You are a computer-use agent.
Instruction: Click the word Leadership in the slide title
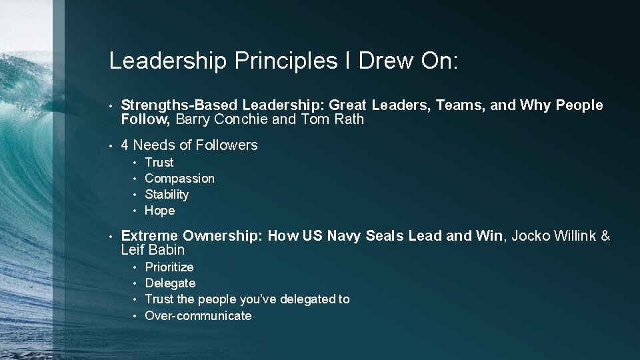tap(168, 61)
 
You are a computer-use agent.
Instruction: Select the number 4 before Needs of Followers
tap(125, 145)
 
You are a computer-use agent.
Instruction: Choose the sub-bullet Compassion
tap(179, 179)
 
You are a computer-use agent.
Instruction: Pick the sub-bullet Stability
tap(167, 195)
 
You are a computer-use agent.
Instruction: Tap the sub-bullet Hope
tap(159, 211)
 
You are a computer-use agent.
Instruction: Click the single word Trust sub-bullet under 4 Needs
tap(159, 163)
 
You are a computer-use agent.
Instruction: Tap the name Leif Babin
tap(153, 251)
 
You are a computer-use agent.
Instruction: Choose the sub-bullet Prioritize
tap(169, 267)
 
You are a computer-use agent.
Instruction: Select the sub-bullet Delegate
tap(170, 283)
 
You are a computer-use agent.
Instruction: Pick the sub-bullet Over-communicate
tap(198, 316)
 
